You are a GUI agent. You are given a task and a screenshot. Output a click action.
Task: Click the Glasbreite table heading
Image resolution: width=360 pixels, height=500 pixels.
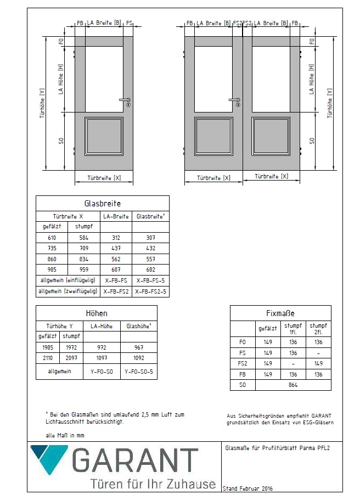pos(102,204)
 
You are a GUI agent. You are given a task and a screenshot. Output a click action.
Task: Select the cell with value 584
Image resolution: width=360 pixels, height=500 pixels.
pos(83,238)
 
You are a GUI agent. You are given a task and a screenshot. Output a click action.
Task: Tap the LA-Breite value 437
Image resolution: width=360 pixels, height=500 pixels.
pos(116,248)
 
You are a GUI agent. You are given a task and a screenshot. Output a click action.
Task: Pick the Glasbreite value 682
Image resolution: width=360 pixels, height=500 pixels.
pos(150,269)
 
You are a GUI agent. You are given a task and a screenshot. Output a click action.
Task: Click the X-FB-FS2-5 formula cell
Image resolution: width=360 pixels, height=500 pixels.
pos(150,291)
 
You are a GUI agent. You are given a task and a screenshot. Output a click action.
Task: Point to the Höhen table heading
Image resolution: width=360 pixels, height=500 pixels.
pos(96,313)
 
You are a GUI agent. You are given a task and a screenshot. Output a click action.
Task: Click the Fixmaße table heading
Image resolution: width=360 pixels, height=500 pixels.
pos(280,313)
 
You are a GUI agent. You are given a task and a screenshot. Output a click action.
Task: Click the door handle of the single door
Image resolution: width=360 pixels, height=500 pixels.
pos(125,100)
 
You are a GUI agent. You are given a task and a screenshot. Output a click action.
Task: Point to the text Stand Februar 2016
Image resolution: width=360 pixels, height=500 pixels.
pos(247,488)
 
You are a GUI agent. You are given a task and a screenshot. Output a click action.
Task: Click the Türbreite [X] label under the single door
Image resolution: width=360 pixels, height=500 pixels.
pos(104,178)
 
